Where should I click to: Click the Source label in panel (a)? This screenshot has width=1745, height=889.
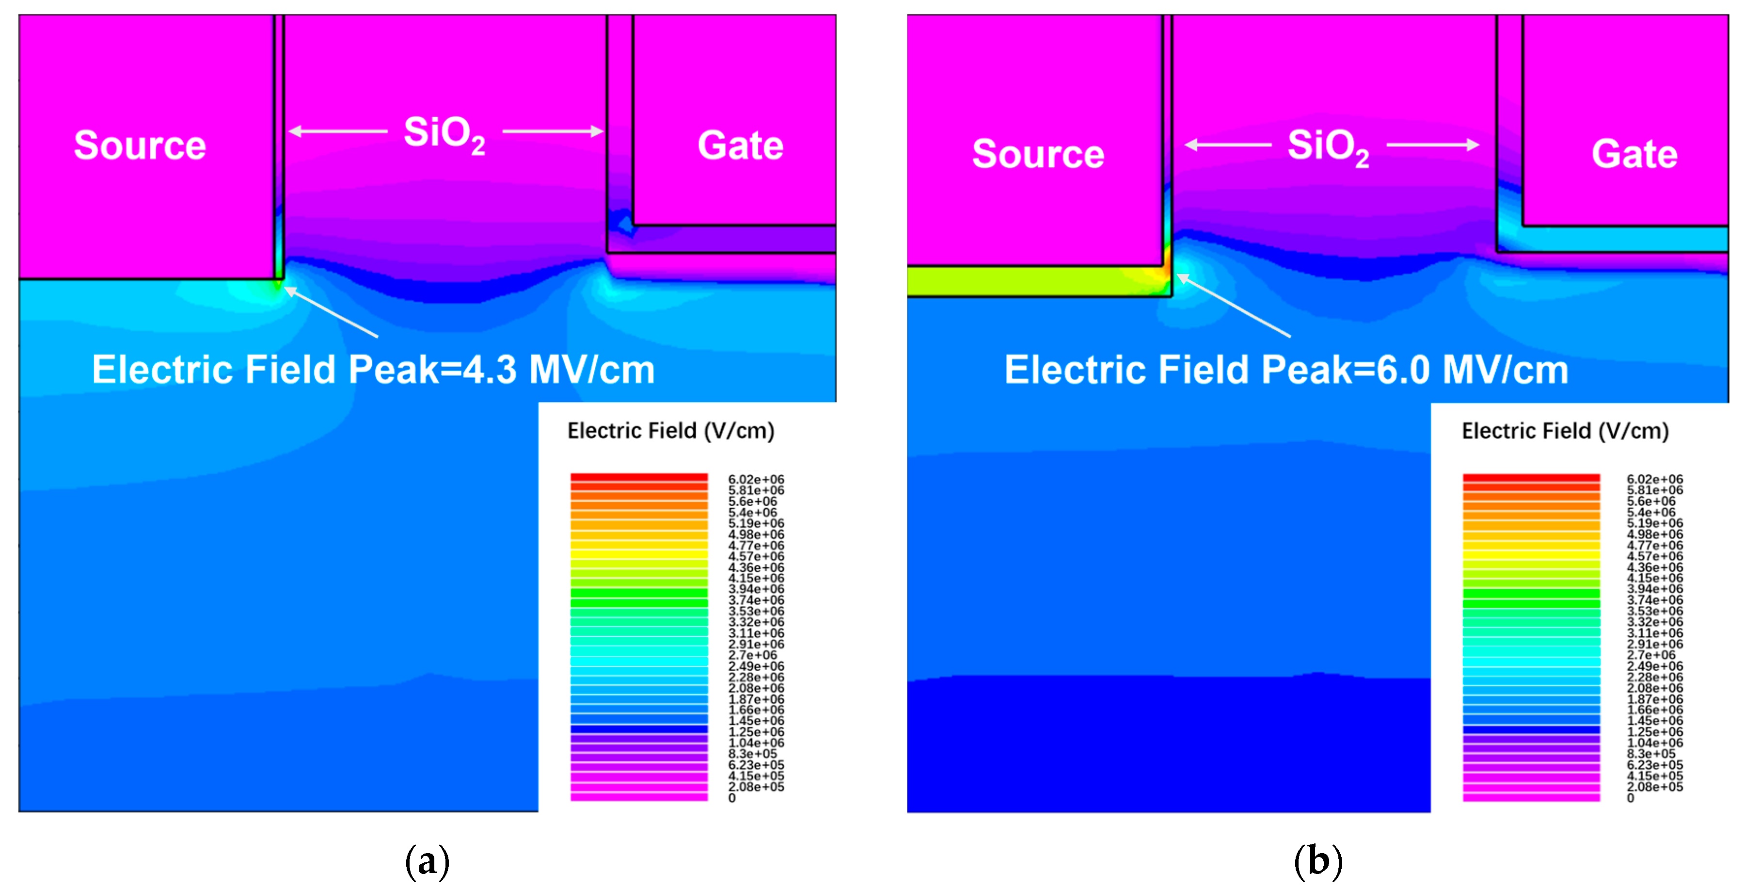140,145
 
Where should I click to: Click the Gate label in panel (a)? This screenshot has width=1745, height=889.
740,145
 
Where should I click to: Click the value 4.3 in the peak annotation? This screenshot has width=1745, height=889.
489,370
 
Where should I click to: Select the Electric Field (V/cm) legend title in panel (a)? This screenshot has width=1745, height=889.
671,431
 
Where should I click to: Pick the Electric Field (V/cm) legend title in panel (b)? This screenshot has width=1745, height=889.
1565,431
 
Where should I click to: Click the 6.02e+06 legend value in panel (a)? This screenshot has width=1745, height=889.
756,479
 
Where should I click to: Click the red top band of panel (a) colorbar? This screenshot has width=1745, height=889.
639,478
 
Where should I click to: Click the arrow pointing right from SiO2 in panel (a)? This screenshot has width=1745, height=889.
553,131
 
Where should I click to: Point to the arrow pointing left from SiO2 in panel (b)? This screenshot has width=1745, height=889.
1227,145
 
